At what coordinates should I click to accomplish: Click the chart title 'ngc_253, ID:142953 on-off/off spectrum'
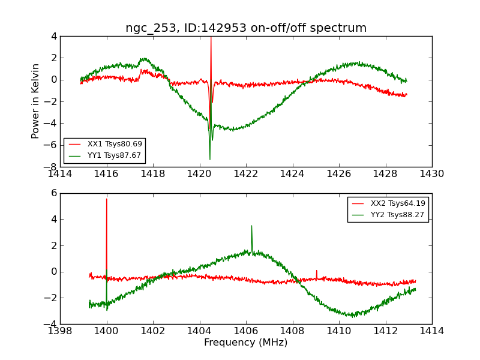[x=246, y=28]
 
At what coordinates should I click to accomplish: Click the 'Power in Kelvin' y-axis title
[x=36, y=101]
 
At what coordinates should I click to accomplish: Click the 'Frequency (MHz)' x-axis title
[x=246, y=343]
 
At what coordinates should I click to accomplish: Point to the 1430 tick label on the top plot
[x=432, y=174]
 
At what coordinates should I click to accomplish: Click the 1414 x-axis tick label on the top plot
[x=60, y=174]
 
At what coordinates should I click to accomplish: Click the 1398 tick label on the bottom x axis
[x=60, y=331]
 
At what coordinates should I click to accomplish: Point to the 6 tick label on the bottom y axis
[x=54, y=193]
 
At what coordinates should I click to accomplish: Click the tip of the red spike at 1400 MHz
[x=107, y=199]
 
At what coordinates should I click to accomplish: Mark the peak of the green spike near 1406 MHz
[x=251, y=226]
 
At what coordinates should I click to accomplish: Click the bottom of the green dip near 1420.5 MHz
[x=210, y=160]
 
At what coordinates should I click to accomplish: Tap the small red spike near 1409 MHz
[x=316, y=271]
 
